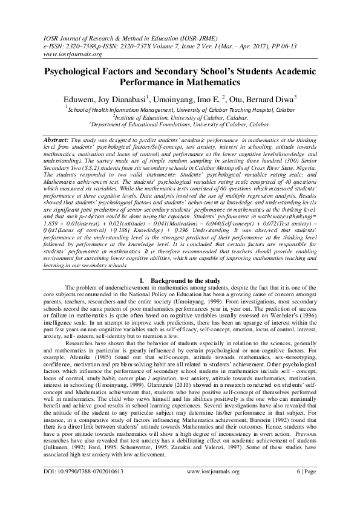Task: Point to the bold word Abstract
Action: [57, 139]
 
